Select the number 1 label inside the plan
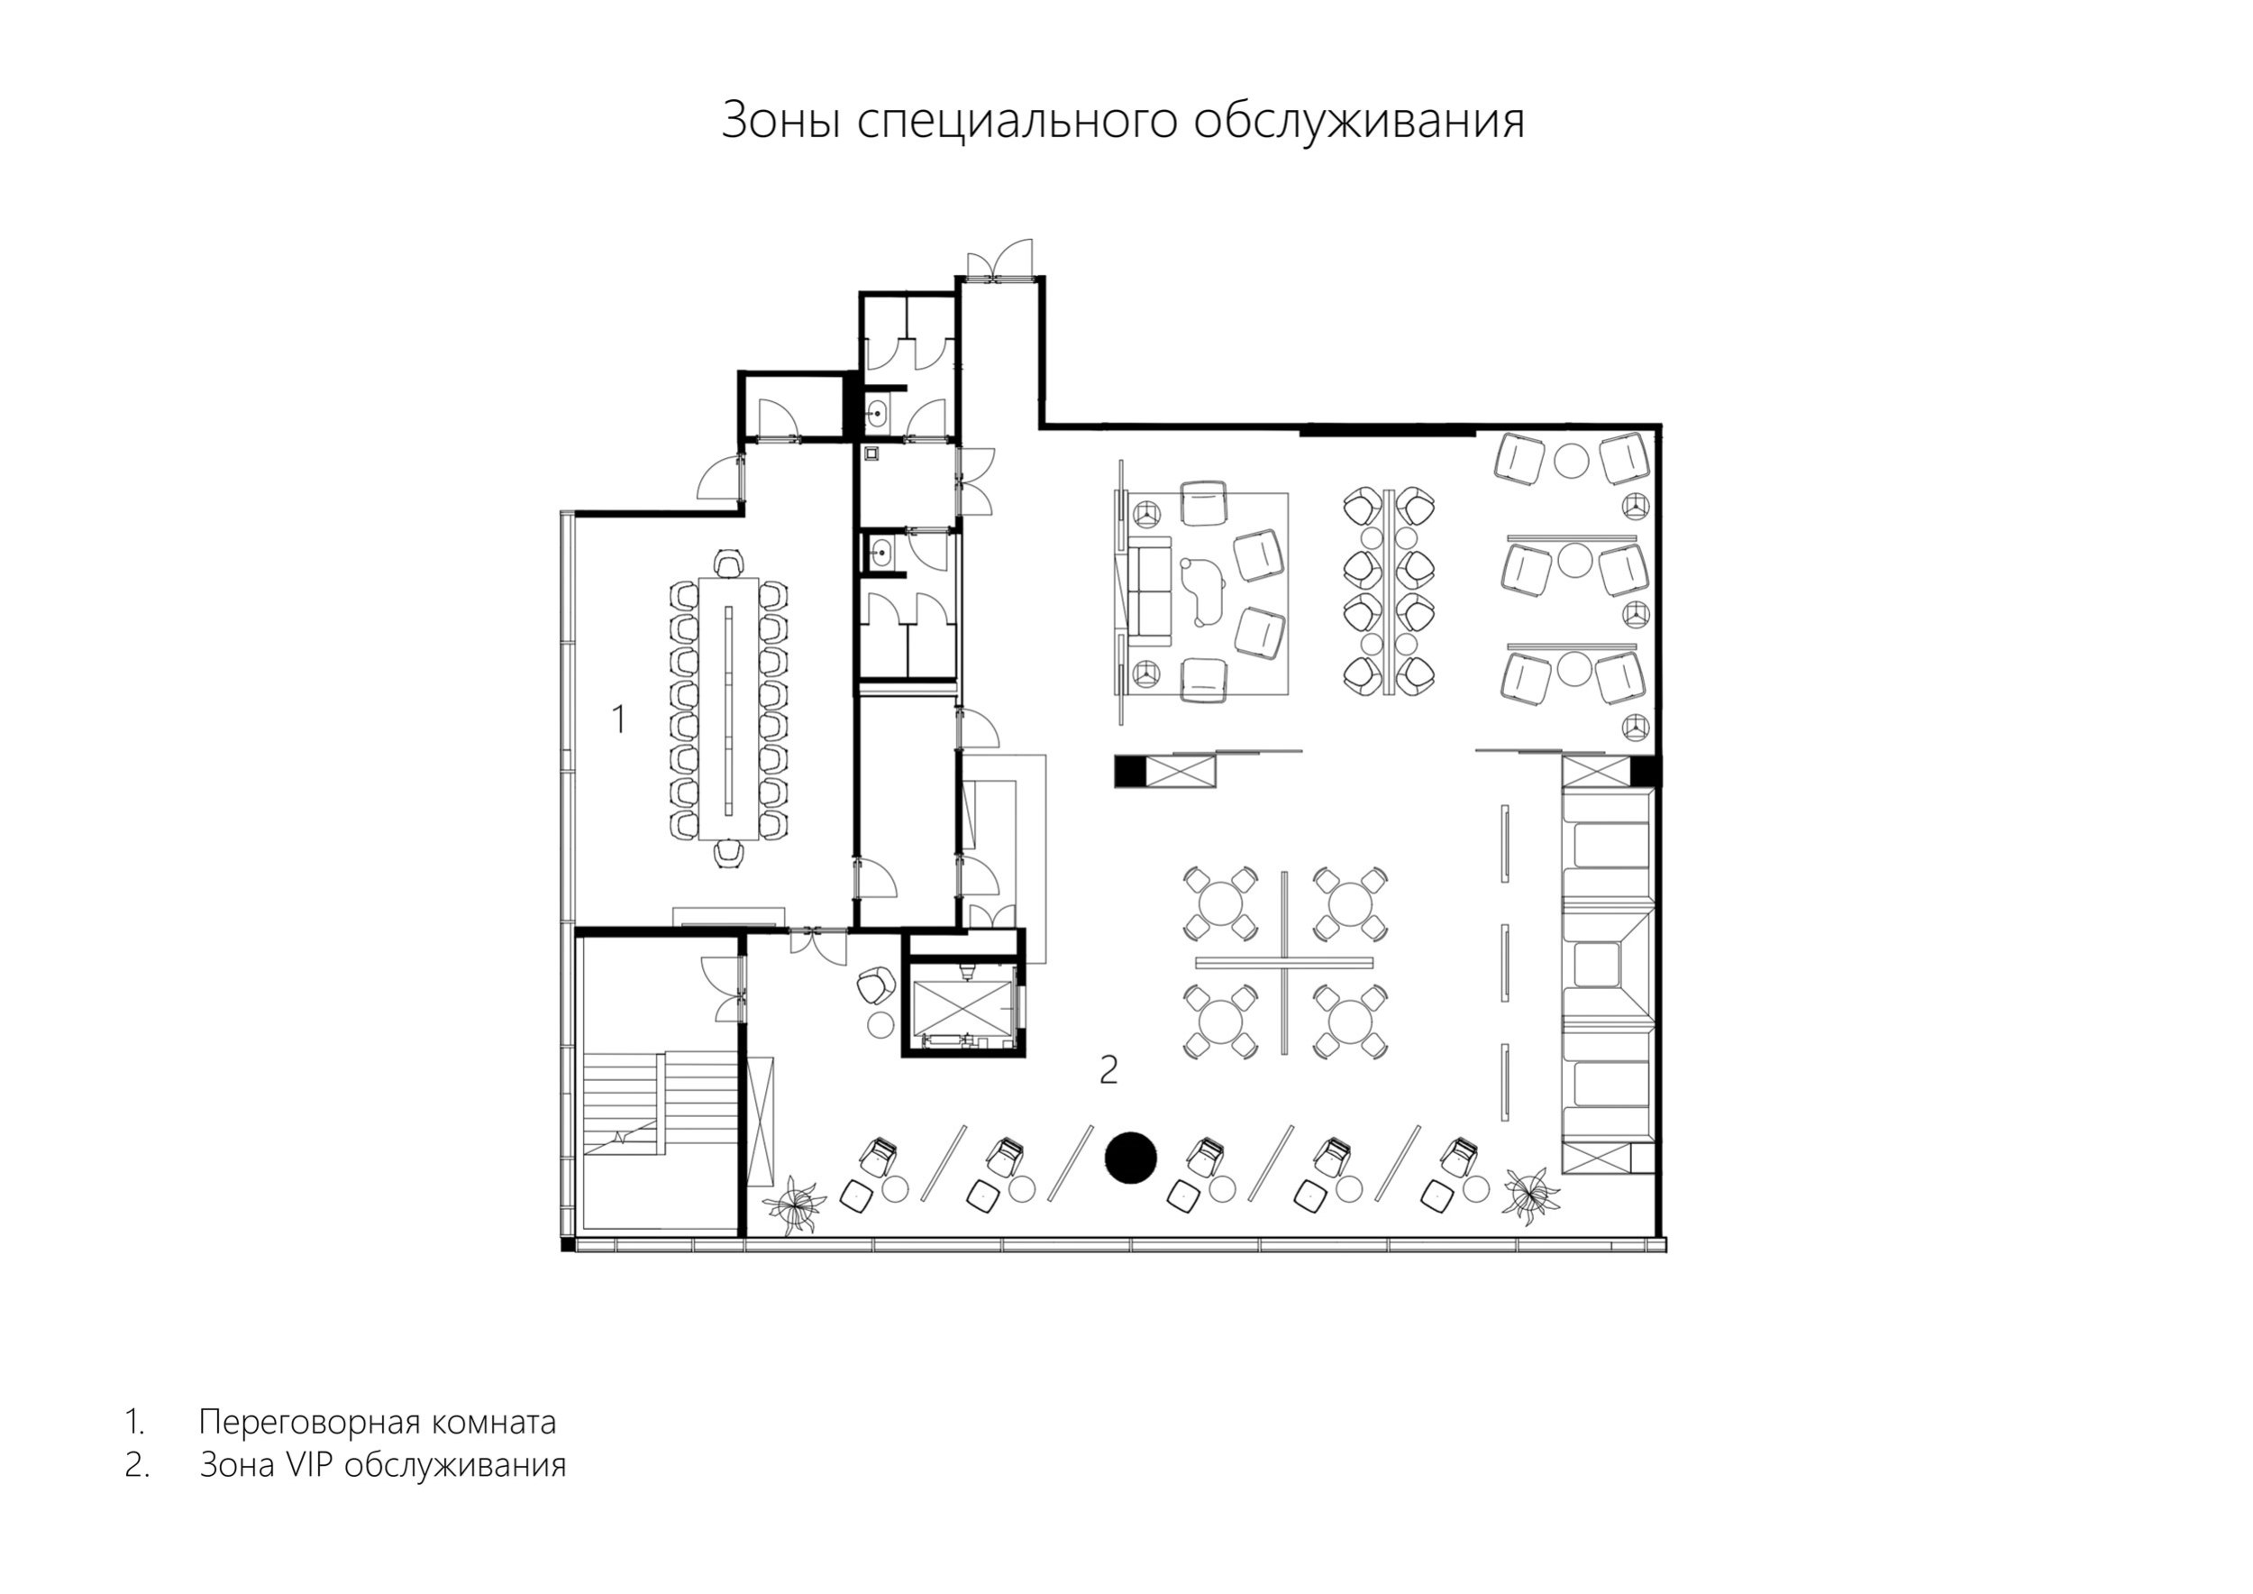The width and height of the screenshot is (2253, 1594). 618,719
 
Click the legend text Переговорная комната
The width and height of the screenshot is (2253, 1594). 378,1422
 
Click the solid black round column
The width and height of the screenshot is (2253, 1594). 1131,1158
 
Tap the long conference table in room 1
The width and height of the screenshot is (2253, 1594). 728,709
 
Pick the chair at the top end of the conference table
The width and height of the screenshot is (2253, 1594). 728,564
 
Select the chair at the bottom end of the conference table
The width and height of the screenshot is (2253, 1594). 728,854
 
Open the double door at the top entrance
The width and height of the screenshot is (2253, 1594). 1000,261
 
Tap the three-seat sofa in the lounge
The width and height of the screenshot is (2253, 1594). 1152,597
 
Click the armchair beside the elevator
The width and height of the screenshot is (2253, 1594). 875,985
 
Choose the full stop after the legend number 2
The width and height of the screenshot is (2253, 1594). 147,1476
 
